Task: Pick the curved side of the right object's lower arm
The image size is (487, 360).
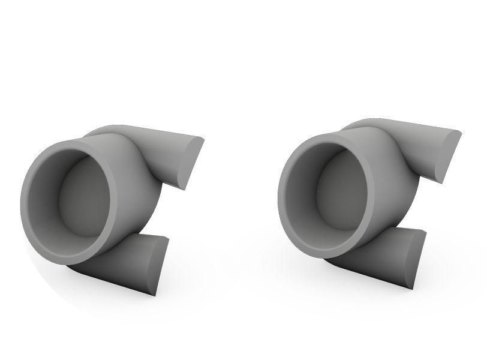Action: coord(378,258)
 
